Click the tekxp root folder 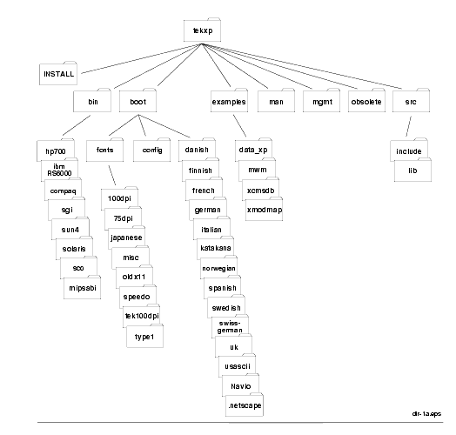(202, 30)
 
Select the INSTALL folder (58, 73)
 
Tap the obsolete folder (366, 101)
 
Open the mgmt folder (321, 101)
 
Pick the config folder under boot (151, 150)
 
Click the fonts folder (104, 150)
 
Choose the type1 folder (144, 337)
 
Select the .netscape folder (245, 405)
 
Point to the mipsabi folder (83, 288)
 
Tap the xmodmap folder (264, 210)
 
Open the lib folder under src (412, 171)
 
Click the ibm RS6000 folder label (59, 170)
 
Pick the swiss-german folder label (230, 327)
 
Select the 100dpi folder (119, 198)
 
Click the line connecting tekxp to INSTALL (141, 58)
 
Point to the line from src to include (409, 126)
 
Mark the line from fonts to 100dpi (112, 176)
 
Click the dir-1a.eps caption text (426, 414)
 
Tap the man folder (276, 101)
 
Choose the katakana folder (216, 248)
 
